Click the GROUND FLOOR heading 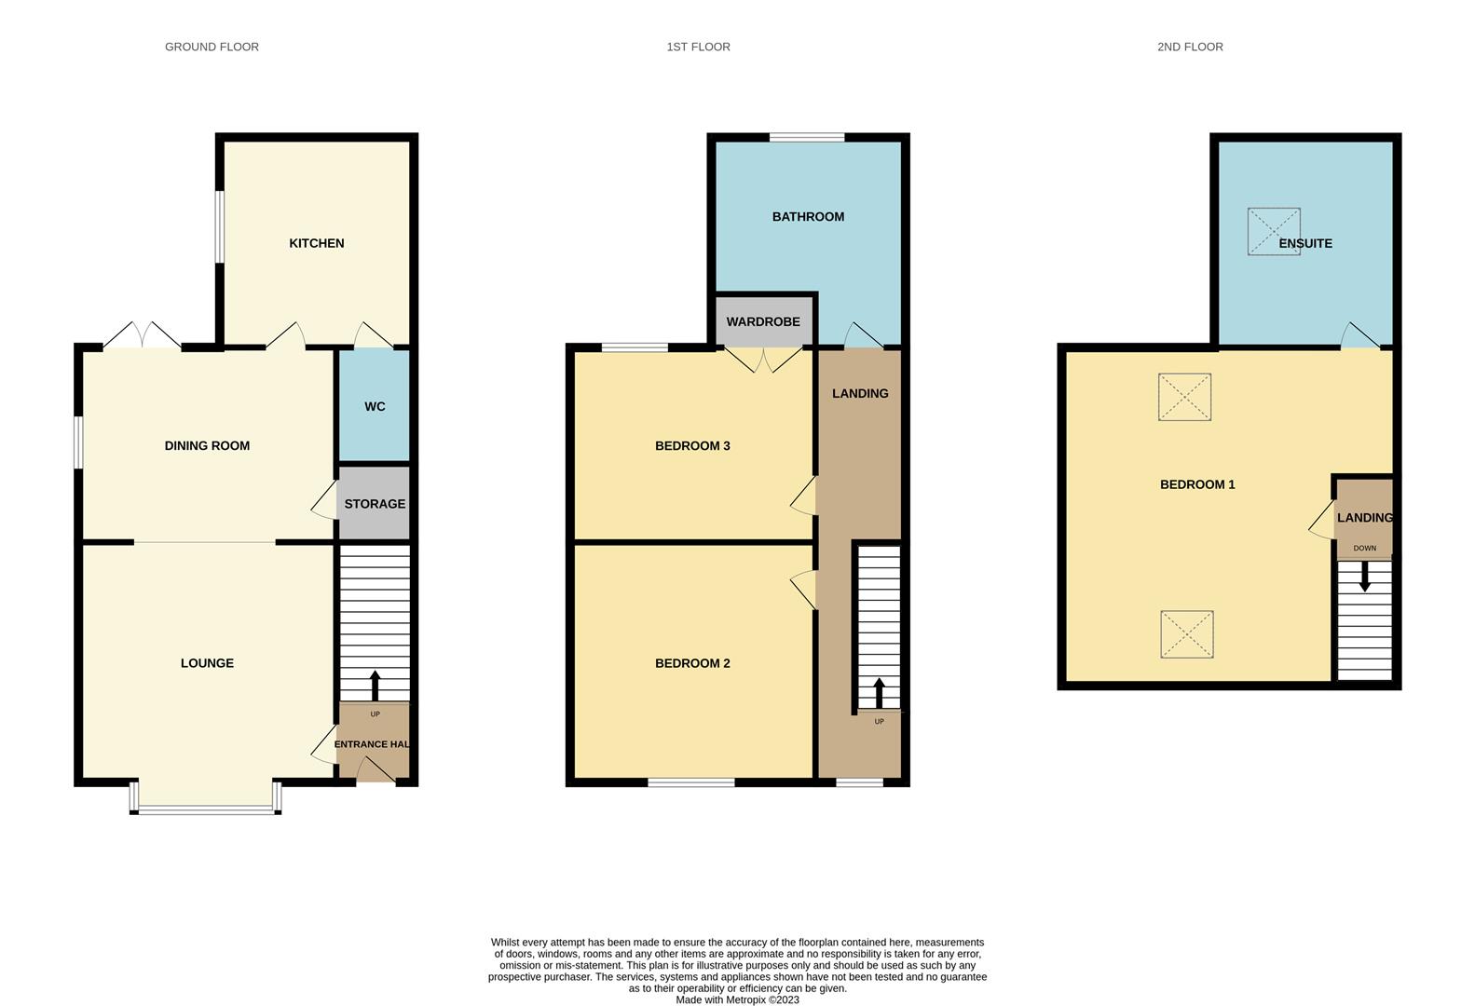[212, 47]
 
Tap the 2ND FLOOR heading [1190, 47]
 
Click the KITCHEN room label [317, 243]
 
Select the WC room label [375, 407]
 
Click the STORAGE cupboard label [375, 504]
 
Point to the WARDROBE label [763, 321]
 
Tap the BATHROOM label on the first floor [808, 217]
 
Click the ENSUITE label [1305, 243]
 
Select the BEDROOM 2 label [692, 663]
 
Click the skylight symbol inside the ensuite [1274, 232]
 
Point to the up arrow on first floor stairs [879, 693]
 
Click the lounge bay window [206, 809]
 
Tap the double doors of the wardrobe [763, 360]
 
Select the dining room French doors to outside [143, 336]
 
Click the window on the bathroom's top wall [807, 137]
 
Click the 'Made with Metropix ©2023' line [737, 999]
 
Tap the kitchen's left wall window [220, 226]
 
